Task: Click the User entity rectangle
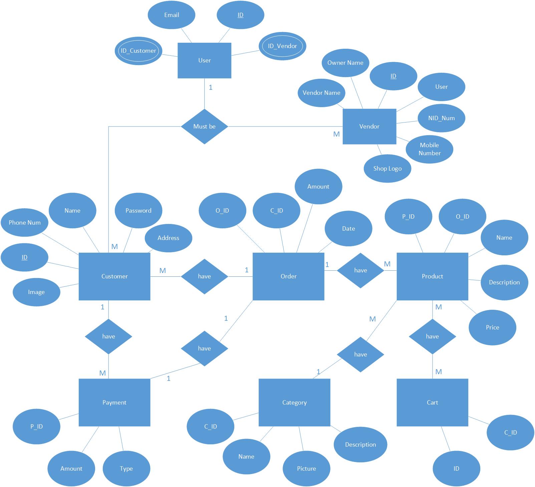point(204,60)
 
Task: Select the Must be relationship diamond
point(204,127)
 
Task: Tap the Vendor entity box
point(369,127)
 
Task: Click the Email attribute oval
point(171,15)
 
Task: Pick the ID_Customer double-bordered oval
point(138,51)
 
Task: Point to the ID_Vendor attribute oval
point(282,46)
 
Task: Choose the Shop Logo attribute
point(387,169)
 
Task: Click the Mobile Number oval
point(430,149)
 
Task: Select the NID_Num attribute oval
point(442,118)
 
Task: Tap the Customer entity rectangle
point(114,276)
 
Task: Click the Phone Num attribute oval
point(24,223)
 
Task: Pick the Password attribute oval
point(139,211)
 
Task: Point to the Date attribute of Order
point(348,229)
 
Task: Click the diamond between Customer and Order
point(204,276)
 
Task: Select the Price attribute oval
point(493,327)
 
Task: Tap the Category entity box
point(294,403)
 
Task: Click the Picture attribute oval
point(306,469)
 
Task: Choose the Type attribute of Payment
point(126,469)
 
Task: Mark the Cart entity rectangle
point(433,403)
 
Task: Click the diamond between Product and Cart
point(433,336)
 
